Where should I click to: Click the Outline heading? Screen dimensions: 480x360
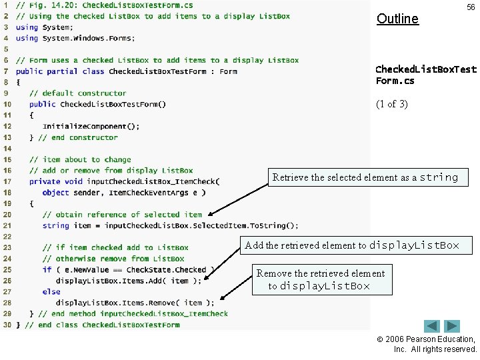(397, 19)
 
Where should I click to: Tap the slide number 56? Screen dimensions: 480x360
(471, 7)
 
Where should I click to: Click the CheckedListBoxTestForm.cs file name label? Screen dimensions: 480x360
(425, 75)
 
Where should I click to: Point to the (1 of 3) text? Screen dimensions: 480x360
(391, 104)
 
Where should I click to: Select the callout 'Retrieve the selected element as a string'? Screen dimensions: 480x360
(365, 177)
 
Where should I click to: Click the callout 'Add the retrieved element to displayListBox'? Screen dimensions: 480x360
(352, 245)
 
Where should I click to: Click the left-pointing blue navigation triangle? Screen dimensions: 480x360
(432, 326)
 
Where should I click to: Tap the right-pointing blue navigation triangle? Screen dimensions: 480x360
(453, 326)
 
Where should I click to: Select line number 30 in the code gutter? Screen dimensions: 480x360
(6, 325)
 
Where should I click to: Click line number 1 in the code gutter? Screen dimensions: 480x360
(6, 5)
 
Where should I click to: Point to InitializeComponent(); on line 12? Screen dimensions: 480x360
(91, 126)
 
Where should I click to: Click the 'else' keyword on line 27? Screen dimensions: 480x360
(51, 291)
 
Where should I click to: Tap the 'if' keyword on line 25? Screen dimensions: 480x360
(47, 269)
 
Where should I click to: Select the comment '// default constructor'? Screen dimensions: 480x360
(77, 93)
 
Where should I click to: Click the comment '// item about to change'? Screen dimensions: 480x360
(80, 159)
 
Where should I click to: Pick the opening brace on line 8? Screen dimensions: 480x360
(18, 82)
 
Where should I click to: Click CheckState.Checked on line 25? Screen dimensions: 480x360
(166, 269)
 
